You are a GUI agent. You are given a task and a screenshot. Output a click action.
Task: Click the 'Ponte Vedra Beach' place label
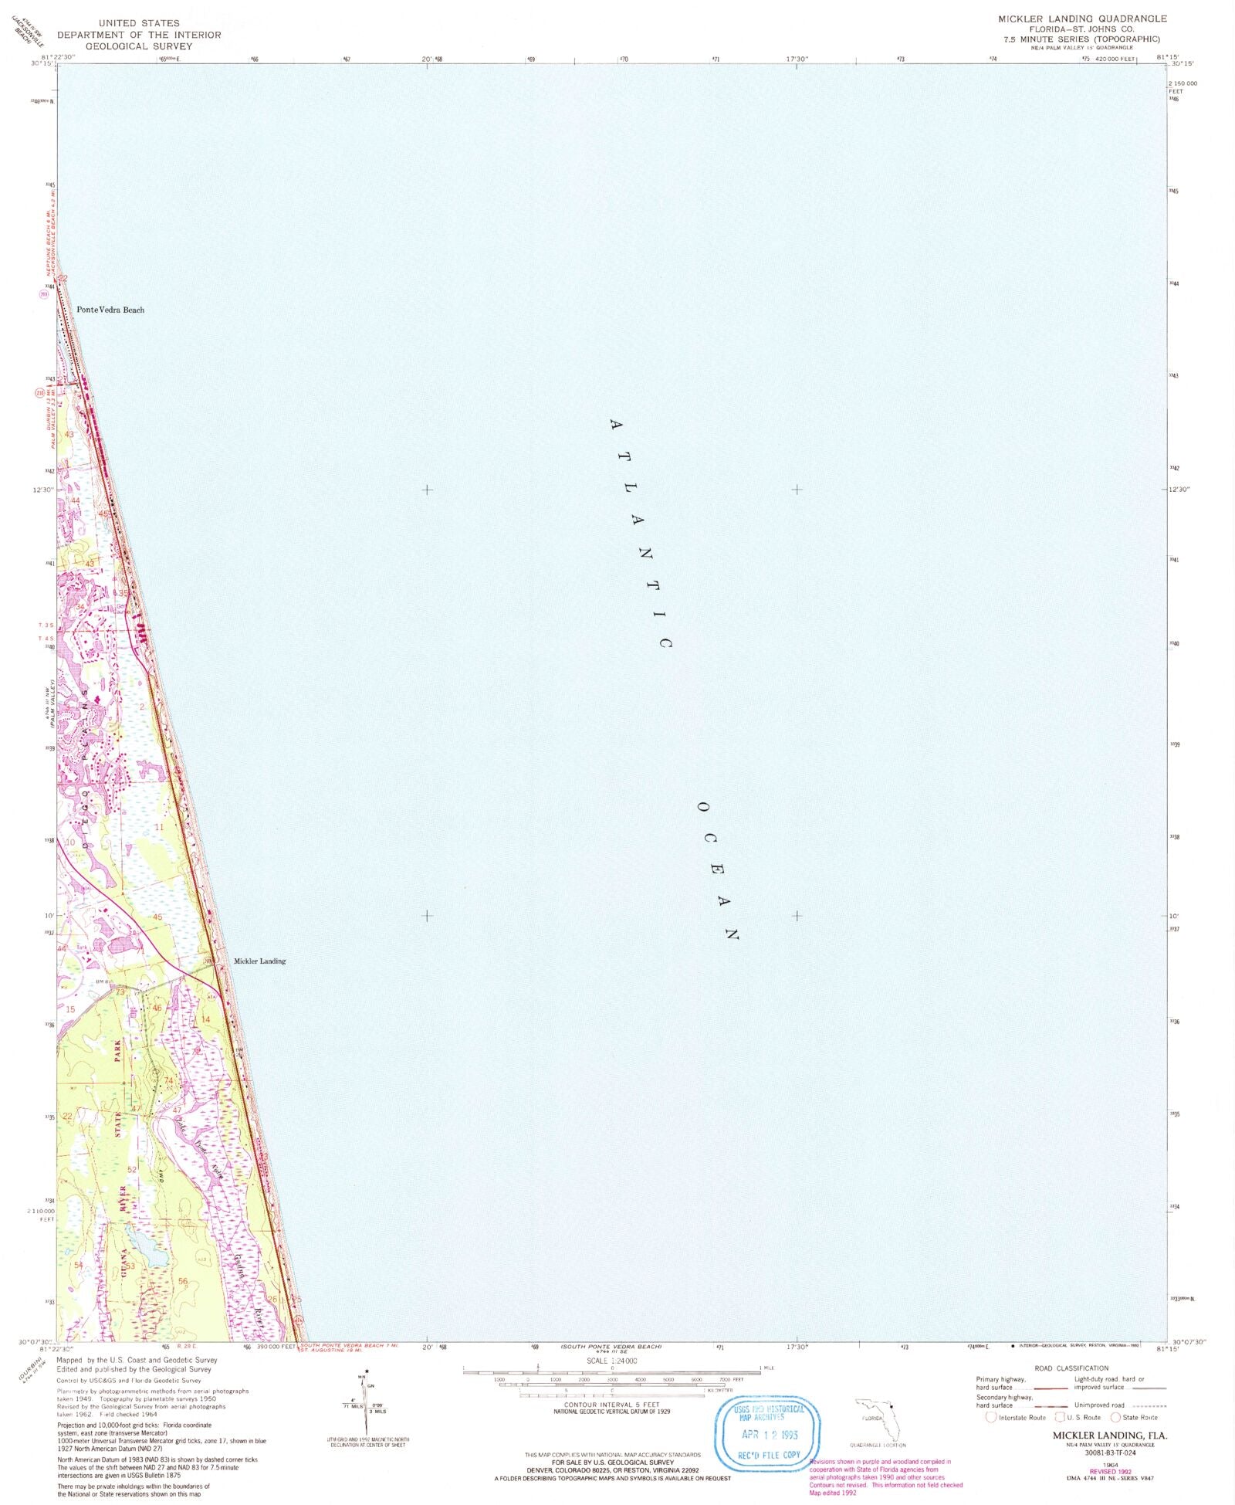click(110, 310)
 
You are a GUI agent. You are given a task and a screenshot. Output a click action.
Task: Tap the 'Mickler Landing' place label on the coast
click(259, 961)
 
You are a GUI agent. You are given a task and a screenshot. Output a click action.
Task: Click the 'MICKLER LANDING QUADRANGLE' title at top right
click(1082, 19)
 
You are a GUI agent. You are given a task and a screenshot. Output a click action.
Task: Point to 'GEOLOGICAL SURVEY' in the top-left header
click(138, 46)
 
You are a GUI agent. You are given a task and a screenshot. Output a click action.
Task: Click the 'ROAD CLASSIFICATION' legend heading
click(1071, 1368)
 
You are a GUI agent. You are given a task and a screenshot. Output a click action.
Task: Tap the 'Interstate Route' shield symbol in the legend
click(991, 1418)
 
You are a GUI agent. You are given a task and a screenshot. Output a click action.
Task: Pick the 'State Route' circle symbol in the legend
click(1115, 1418)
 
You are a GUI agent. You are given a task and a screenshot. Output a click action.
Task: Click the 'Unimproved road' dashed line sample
click(1145, 1405)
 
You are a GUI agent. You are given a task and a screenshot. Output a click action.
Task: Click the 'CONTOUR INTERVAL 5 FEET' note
click(611, 1405)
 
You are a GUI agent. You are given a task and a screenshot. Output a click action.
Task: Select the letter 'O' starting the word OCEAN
click(702, 807)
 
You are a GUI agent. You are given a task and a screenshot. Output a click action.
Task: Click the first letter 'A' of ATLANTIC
click(615, 425)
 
